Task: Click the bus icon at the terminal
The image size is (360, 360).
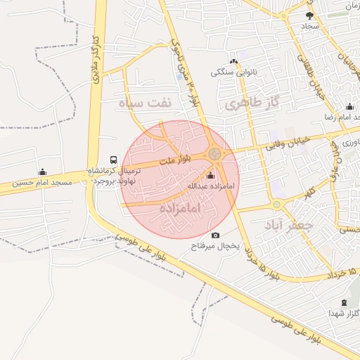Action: tap(113, 160)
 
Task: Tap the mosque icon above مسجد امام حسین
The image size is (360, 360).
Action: tap(42, 172)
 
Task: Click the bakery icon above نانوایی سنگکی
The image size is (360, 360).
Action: tap(233, 62)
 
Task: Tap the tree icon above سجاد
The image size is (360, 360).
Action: tap(309, 15)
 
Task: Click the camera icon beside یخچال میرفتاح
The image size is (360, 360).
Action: tap(214, 236)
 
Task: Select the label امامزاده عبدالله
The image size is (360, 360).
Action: tap(210, 186)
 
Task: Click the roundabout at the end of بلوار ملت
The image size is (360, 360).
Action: tap(214, 153)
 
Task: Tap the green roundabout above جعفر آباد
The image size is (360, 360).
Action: tap(277, 205)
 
